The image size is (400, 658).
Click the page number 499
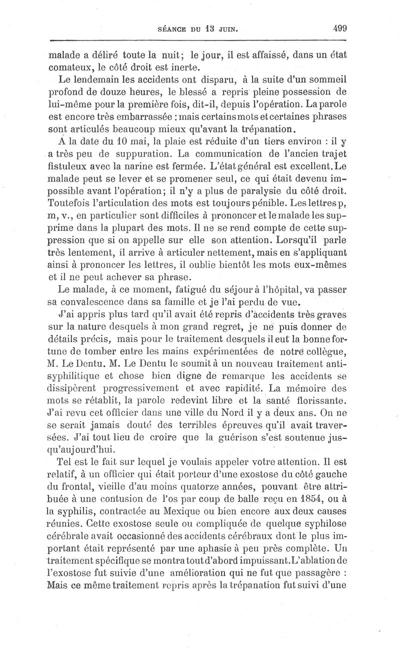tap(339, 28)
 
